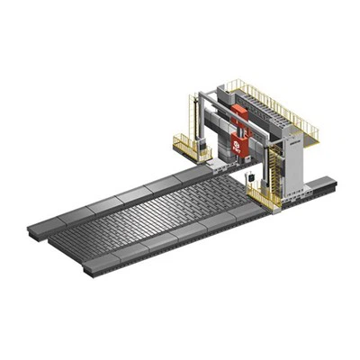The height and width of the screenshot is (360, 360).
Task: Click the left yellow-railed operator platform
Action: [191, 147]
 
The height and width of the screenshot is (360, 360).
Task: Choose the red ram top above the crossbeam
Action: [239, 111]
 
